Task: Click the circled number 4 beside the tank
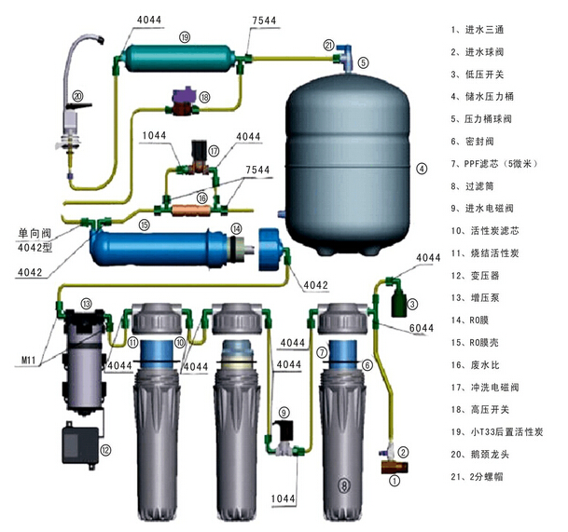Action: pyautogui.click(x=421, y=169)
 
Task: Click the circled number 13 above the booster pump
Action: pyautogui.click(x=86, y=303)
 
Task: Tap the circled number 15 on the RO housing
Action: pyautogui.click(x=144, y=225)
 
